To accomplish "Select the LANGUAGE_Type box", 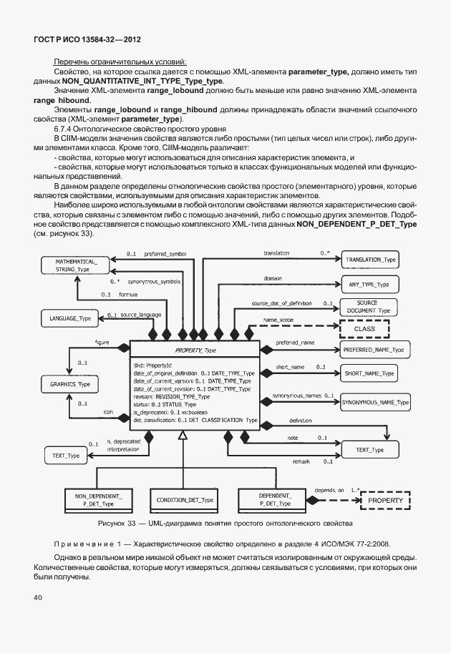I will tap(70, 318).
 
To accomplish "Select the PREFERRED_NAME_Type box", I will tap(374, 350).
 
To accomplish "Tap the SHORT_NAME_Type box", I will tap(369, 373).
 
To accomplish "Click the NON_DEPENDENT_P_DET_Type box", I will tap(98, 499).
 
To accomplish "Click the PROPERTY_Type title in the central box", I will tap(195, 350).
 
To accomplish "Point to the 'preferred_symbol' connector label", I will tap(165, 253).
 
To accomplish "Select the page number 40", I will tap(38, 596).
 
